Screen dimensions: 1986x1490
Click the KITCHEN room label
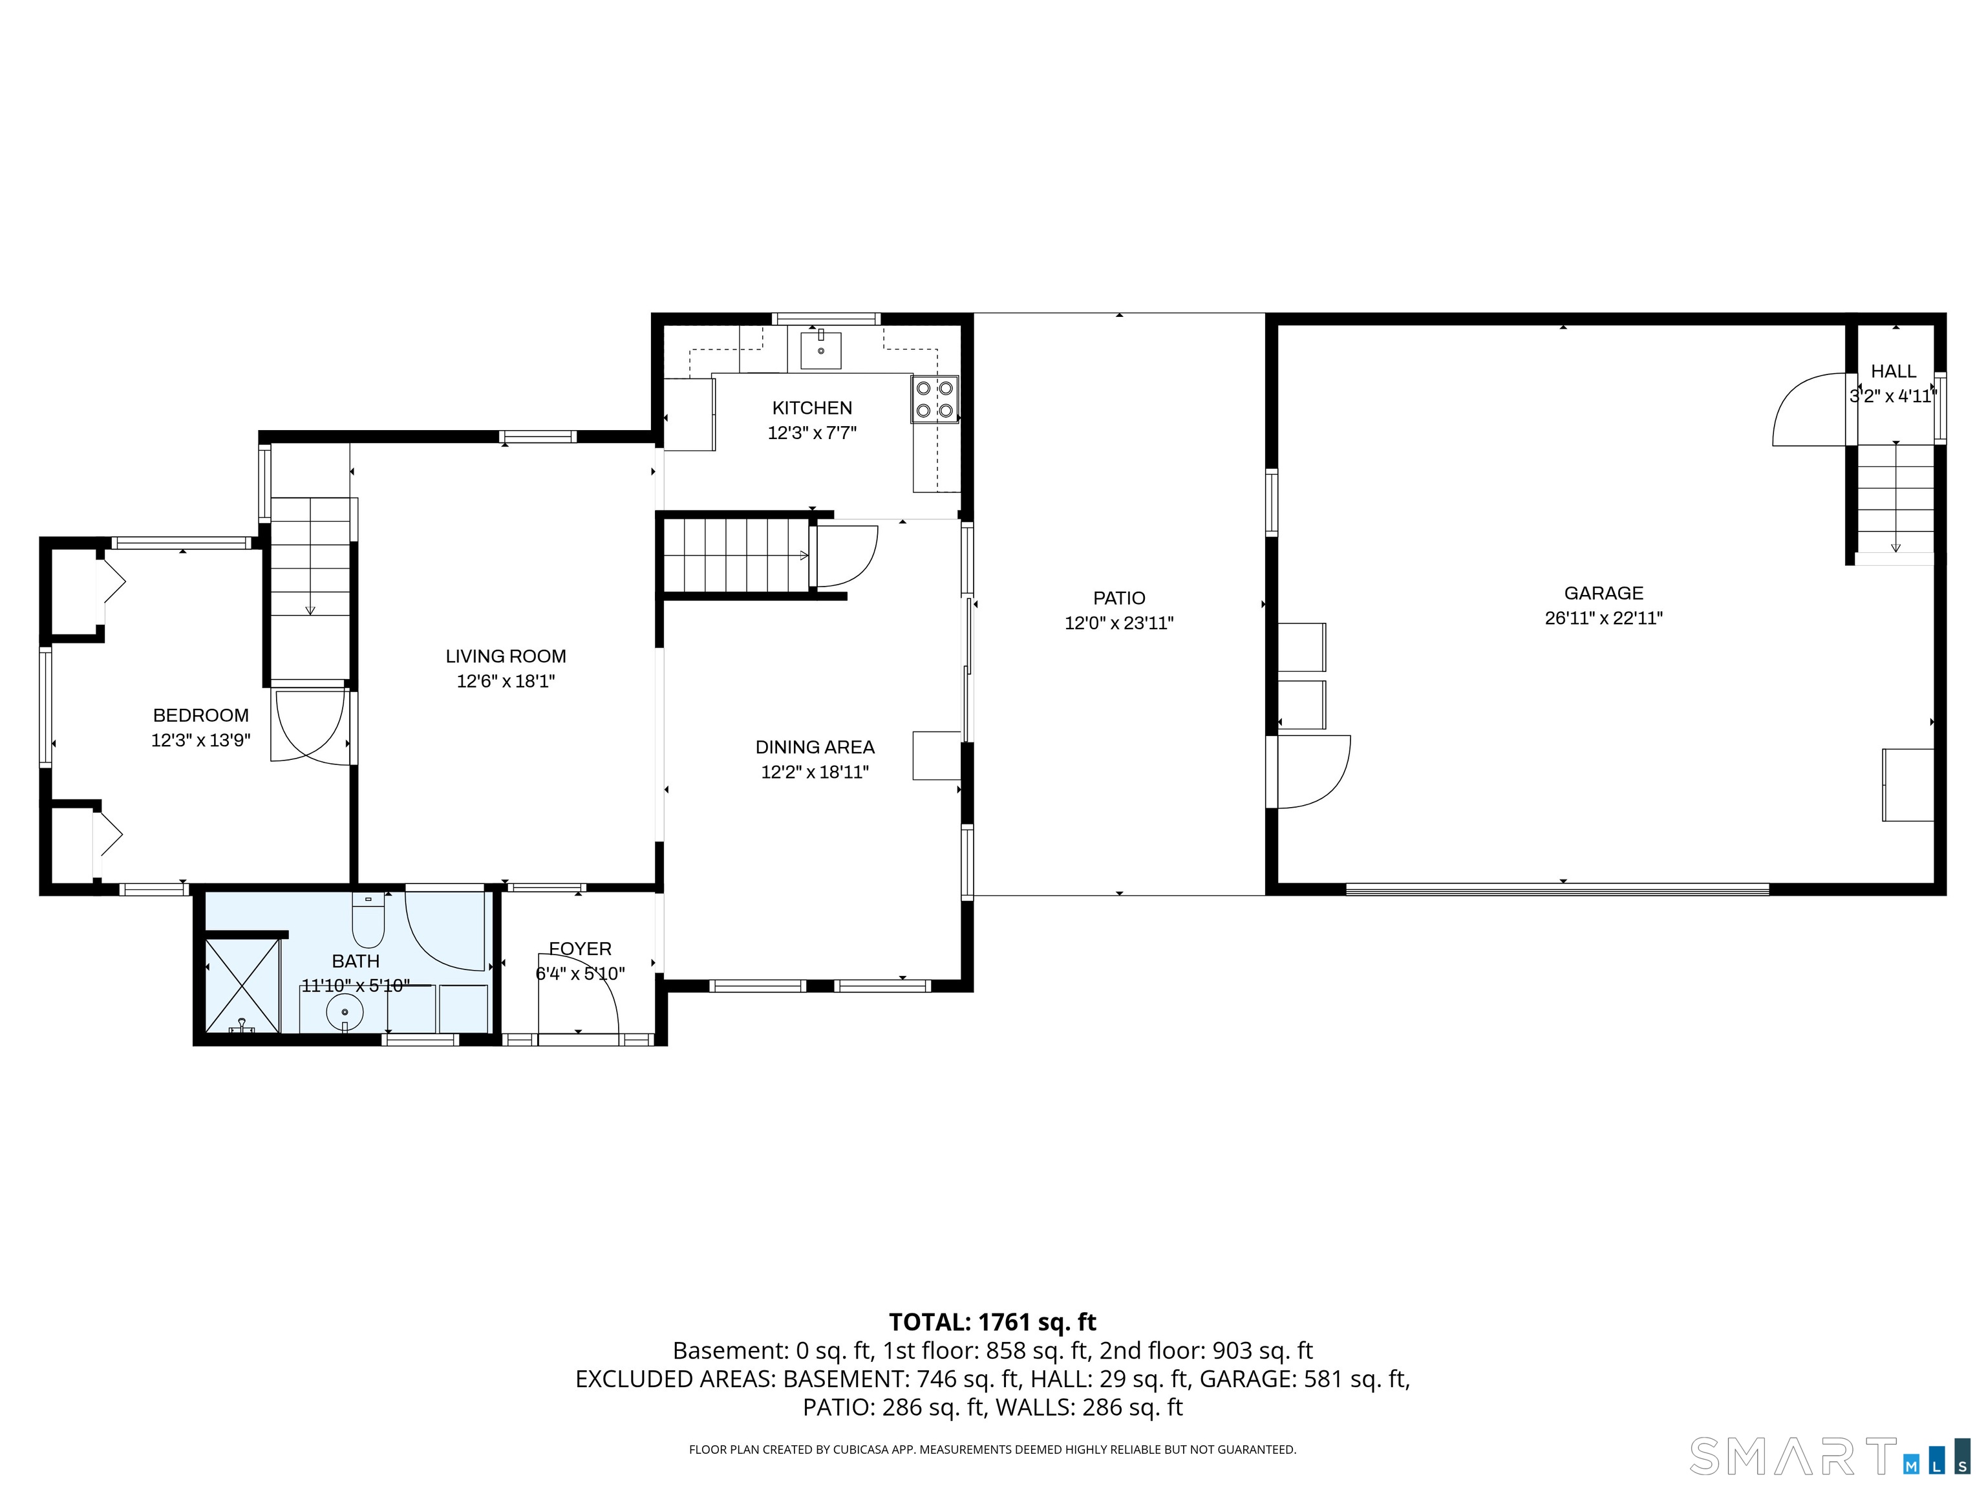click(x=811, y=408)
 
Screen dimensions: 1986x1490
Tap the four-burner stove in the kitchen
click(x=935, y=400)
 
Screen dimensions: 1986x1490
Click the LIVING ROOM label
click(x=506, y=656)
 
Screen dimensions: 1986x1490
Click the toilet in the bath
click(x=368, y=921)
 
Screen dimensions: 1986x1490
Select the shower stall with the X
click(x=242, y=986)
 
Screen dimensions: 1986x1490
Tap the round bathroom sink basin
click(x=345, y=1012)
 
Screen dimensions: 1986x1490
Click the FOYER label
click(x=580, y=949)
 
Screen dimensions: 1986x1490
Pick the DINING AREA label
click(x=815, y=747)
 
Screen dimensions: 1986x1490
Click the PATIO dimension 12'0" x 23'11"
click(x=1118, y=623)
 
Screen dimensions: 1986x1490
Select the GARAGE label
click(x=1603, y=594)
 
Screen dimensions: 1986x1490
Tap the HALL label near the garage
click(x=1894, y=372)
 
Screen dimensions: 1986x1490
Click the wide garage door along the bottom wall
click(x=1558, y=889)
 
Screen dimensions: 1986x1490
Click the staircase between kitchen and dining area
click(x=736, y=556)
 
